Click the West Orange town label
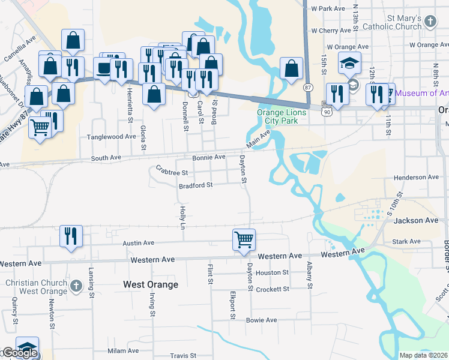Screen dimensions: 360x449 (150, 284)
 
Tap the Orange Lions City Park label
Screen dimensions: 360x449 (282, 116)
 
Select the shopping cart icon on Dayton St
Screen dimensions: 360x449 (244, 239)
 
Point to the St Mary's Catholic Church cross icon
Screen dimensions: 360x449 (430, 22)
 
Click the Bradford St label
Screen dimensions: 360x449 (196, 185)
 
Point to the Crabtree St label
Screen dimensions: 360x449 (172, 172)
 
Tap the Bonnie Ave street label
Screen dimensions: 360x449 (208, 157)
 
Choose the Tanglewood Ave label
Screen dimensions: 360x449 (112, 137)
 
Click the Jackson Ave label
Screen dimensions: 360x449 (416, 221)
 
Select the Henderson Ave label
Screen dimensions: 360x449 (416, 178)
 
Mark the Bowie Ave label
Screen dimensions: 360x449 (261, 320)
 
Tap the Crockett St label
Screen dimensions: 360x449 (273, 289)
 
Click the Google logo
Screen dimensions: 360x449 (19, 353)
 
